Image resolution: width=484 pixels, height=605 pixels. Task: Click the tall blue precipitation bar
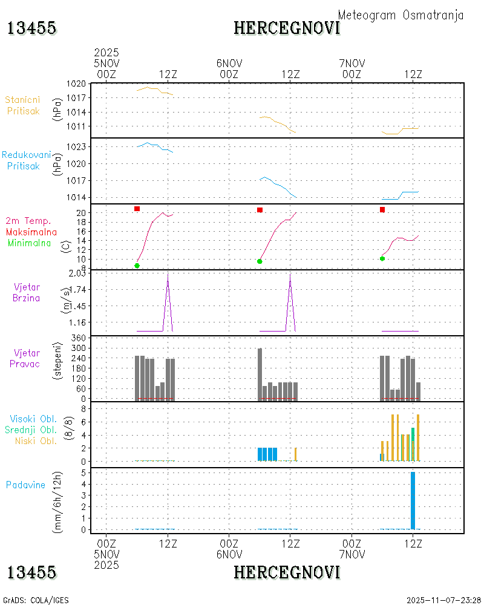click(413, 500)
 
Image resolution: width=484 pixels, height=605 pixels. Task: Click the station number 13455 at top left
click(31, 28)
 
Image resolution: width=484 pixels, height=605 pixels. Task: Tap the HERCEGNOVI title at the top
click(287, 28)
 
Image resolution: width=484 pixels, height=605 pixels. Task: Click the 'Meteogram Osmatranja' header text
click(401, 15)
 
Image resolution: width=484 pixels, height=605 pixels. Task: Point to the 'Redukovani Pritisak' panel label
click(27, 160)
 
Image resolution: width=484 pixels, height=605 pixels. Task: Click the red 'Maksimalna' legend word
click(31, 232)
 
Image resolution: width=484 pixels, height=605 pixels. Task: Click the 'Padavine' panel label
click(26, 485)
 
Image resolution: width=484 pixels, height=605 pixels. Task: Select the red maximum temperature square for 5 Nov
click(137, 209)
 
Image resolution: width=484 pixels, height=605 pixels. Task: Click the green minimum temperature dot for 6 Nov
click(260, 261)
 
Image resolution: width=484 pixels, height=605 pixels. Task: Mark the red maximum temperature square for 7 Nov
click(382, 210)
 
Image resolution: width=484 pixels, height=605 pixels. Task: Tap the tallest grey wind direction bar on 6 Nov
click(260, 373)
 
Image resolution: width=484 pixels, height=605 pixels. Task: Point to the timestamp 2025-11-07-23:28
click(444, 600)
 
